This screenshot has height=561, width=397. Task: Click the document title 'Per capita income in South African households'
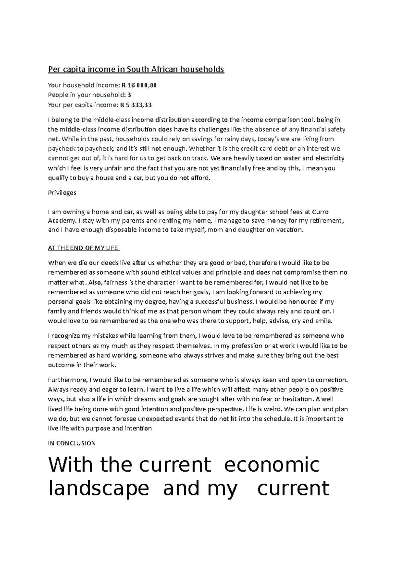coord(136,69)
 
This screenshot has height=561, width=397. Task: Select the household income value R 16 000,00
coord(139,85)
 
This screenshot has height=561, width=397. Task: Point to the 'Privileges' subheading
coord(62,193)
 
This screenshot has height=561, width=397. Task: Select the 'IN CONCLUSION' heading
coord(72,443)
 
